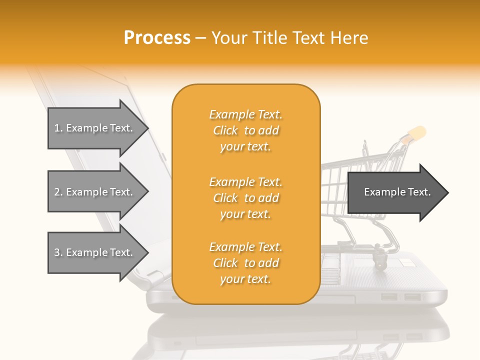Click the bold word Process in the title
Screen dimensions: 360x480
coord(157,38)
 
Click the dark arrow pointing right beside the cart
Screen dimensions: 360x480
coord(397,192)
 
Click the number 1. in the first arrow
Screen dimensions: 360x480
coord(58,128)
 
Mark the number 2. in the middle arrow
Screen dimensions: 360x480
coord(58,192)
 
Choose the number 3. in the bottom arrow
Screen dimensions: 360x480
coord(58,252)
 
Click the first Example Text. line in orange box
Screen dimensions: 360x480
coord(245,115)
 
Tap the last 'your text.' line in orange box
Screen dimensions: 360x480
coord(245,279)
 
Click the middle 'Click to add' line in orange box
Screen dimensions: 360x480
coord(245,198)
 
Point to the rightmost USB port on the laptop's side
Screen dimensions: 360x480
coord(412,297)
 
